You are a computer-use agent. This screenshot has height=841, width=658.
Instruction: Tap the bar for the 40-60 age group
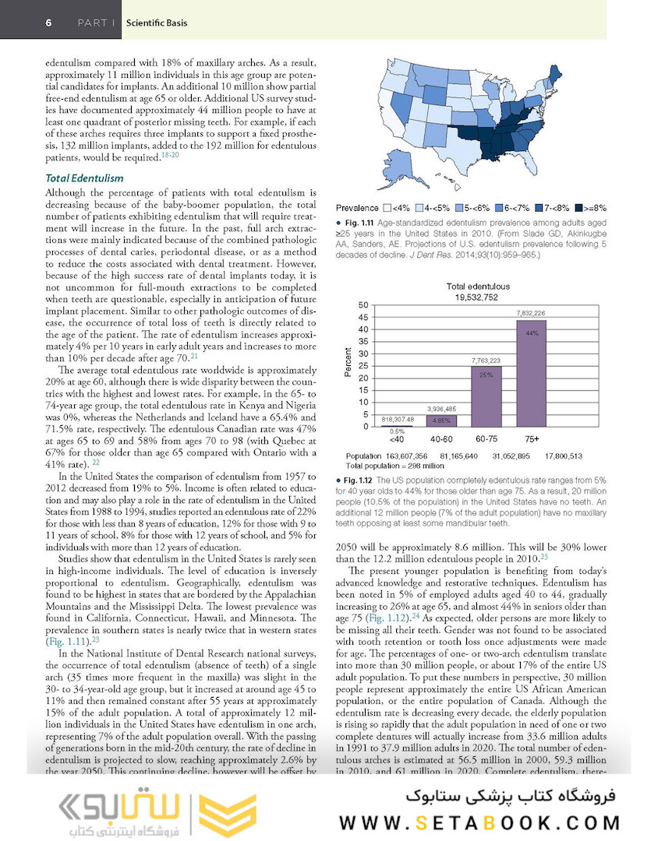(x=440, y=420)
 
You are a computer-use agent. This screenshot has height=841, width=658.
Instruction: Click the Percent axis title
(x=349, y=364)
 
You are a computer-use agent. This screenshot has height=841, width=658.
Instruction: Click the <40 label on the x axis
(x=397, y=438)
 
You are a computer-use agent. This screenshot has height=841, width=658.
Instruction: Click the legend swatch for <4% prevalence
(x=387, y=208)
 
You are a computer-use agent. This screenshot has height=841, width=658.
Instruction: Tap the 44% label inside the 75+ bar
(x=532, y=333)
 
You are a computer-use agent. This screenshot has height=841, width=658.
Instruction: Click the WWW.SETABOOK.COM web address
(x=479, y=822)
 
